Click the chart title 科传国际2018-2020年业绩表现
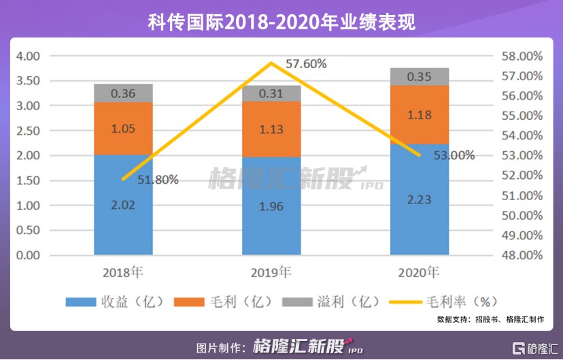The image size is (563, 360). click(x=281, y=22)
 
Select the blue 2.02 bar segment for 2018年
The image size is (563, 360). click(x=123, y=204)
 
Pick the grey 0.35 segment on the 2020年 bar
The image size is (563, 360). click(x=420, y=77)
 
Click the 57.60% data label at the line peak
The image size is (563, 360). click(x=306, y=64)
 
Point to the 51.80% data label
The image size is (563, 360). click(x=158, y=180)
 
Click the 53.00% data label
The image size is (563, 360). click(x=454, y=155)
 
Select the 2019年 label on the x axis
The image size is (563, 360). click(x=271, y=273)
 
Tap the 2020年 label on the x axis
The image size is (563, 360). click(x=419, y=273)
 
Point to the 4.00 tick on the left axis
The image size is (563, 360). click(x=30, y=56)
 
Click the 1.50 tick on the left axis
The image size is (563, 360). click(x=30, y=180)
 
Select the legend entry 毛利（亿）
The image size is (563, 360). click(x=222, y=301)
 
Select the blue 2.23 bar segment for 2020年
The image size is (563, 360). click(x=420, y=199)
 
